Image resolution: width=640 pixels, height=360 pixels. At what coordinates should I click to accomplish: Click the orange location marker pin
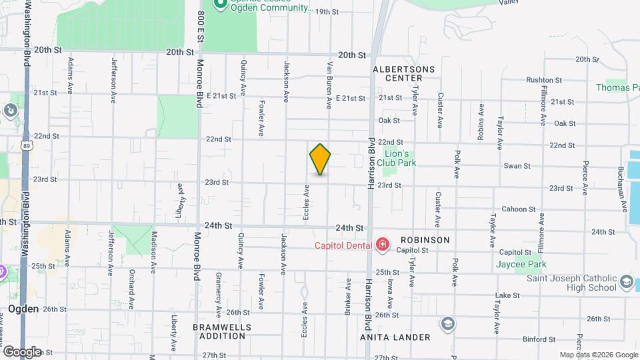click(x=320, y=159)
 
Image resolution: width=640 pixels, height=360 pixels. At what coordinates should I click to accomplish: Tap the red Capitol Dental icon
click(x=383, y=245)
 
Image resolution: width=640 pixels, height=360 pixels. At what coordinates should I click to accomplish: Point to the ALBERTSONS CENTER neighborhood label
click(x=404, y=73)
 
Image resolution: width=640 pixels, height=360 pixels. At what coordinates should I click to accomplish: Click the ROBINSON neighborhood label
click(x=425, y=240)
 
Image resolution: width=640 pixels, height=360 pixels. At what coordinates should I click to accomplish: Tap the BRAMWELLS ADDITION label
click(x=222, y=331)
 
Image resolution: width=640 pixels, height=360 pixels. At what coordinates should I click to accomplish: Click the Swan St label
click(x=517, y=166)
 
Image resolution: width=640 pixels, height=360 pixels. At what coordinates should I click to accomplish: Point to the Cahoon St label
click(x=515, y=209)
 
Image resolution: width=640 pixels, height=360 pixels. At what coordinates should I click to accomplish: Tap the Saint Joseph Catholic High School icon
click(x=626, y=283)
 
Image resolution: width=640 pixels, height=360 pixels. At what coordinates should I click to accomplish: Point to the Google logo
click(x=23, y=351)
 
